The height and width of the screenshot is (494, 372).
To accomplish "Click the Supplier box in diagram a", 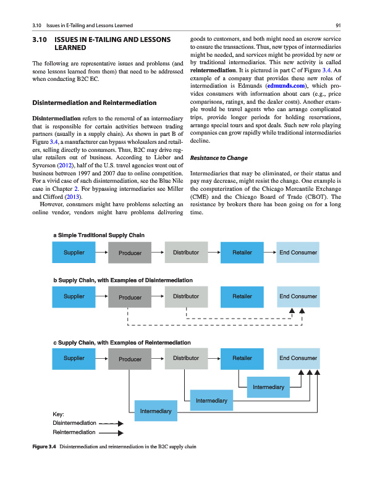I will (x=75, y=253).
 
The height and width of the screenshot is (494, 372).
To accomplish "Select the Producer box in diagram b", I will (x=130, y=298).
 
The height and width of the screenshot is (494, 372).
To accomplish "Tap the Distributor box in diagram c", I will (x=186, y=359).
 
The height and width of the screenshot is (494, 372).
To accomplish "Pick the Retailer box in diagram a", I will (x=242, y=253).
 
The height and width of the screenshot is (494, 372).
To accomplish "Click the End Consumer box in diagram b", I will (x=298, y=297).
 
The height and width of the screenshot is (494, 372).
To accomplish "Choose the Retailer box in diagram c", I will (x=242, y=359).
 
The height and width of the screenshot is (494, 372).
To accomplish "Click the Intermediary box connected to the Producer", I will (x=156, y=410).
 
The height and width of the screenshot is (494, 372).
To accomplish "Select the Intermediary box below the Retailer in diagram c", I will (x=269, y=387).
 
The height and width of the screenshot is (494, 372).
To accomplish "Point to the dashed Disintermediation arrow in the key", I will (x=111, y=424).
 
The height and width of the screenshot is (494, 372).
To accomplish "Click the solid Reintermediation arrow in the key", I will (x=111, y=433).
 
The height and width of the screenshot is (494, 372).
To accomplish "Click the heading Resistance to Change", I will (x=220, y=158).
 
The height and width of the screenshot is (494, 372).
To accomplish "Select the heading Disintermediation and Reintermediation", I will (x=94, y=103).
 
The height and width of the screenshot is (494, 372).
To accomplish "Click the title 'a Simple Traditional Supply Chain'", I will (x=99, y=235).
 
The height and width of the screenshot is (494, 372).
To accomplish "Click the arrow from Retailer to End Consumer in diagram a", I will (x=269, y=253).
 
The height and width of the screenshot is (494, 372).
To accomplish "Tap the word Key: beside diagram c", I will (x=62, y=414).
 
